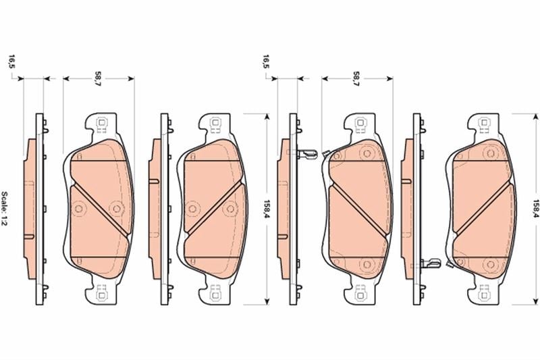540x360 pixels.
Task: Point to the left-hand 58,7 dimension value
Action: point(98,79)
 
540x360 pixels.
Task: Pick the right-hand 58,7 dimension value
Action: point(356,79)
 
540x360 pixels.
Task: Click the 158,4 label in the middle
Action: point(266,209)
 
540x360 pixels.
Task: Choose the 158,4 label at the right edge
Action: point(535,209)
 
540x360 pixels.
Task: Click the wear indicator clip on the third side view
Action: point(307,154)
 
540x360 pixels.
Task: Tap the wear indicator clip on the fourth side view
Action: point(431,263)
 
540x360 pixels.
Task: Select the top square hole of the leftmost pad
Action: point(102,122)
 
